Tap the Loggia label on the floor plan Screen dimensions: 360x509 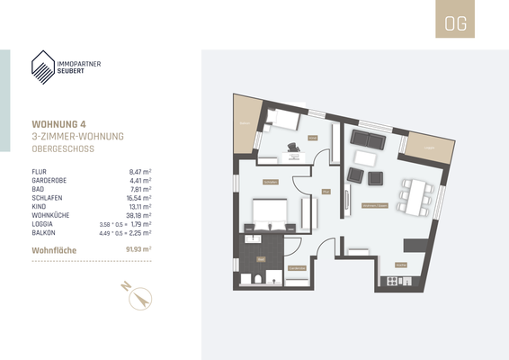tap(243, 123)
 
